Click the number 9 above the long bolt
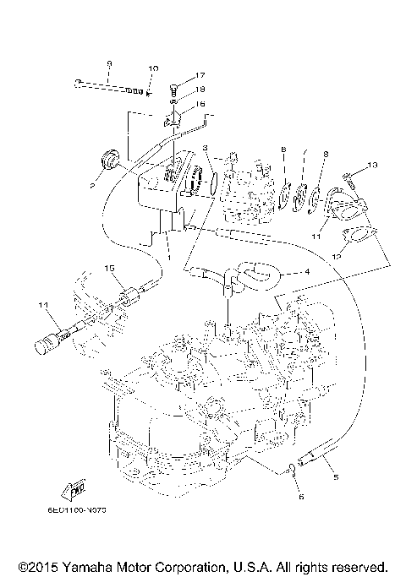pyautogui.click(x=109, y=64)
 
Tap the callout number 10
pyautogui.click(x=152, y=68)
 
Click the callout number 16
pyautogui.click(x=200, y=104)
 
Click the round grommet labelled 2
pyautogui.click(x=108, y=160)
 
